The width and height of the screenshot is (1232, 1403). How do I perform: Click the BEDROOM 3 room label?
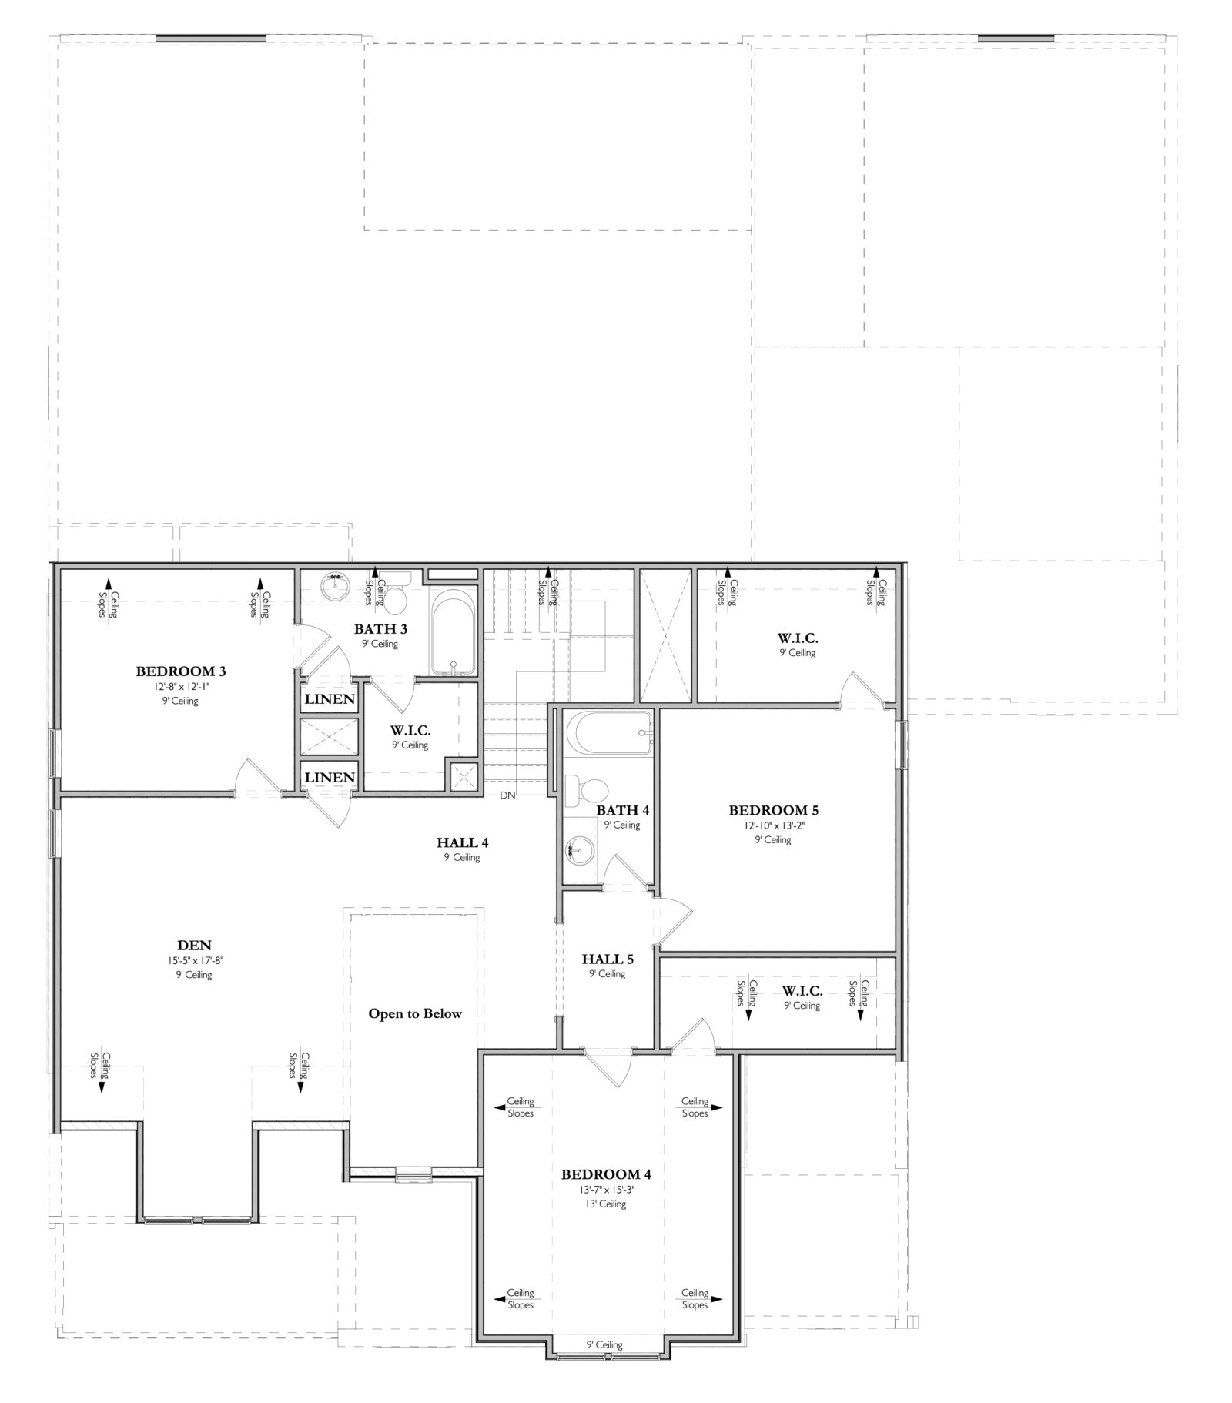click(181, 671)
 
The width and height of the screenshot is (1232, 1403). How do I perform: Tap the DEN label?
click(194, 946)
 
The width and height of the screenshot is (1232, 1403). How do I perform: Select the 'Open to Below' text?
click(415, 1013)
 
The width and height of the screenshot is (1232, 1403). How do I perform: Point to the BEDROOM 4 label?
click(606, 1174)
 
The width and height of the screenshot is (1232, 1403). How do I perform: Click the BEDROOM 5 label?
click(773, 810)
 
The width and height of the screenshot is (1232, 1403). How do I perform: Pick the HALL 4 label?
click(462, 842)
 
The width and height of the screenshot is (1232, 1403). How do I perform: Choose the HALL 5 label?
click(608, 959)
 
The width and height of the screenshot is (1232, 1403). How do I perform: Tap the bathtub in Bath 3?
click(453, 633)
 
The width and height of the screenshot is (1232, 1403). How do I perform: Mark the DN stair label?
click(507, 795)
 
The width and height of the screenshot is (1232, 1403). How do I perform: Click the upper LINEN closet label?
click(330, 699)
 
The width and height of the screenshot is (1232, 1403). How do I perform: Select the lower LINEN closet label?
click(330, 777)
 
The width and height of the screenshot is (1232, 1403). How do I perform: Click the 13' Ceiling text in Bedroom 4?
click(606, 1204)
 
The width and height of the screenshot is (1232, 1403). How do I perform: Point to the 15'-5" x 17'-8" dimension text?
click(194, 960)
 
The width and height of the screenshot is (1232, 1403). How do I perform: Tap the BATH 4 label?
click(623, 810)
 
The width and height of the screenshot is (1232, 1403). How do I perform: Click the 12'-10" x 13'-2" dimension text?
click(773, 825)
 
